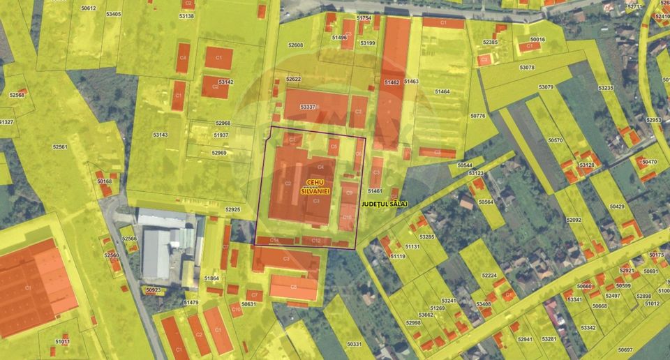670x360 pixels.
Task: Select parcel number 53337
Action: point(308,107)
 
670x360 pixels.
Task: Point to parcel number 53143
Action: point(160,135)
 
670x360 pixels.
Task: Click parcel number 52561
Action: point(60,147)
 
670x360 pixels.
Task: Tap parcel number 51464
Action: point(442,91)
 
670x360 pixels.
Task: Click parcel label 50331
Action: point(355,344)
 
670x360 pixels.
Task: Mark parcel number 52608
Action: point(296,45)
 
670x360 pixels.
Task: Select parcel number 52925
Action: point(232,209)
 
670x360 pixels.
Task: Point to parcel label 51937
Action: point(221,135)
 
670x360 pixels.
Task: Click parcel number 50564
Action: point(486,202)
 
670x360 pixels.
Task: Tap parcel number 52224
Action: point(490,276)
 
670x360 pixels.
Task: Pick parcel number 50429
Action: point(617,207)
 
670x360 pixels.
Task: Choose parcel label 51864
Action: point(211,278)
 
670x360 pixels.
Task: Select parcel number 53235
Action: point(606,88)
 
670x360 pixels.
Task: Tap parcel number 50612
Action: point(88,8)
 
